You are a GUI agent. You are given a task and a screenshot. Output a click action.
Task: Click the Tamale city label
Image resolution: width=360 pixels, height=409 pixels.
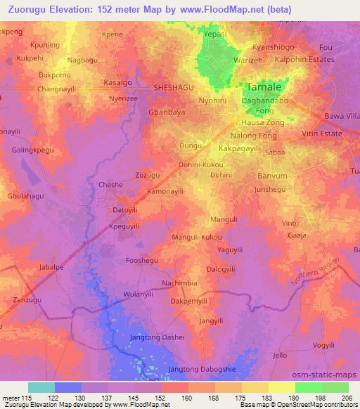pos(265,87)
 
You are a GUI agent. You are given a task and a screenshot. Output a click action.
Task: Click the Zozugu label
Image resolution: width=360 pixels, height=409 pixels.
pos(147,174)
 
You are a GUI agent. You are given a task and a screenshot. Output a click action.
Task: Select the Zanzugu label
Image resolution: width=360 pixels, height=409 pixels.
pos(29,299)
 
